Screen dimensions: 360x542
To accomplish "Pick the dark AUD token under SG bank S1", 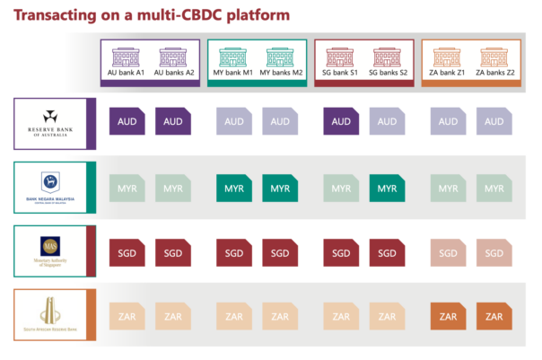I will pyautogui.click(x=340, y=122).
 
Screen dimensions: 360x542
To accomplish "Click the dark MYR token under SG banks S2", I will pyautogui.click(x=388, y=189).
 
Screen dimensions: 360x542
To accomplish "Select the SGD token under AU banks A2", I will pyautogui.click(x=172, y=253).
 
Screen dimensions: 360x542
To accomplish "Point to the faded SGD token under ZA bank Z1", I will pyautogui.click(x=448, y=253).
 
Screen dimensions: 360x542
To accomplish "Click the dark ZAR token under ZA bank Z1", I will pyautogui.click(x=448, y=318).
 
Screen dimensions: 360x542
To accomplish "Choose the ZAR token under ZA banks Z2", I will pyautogui.click(x=494, y=318).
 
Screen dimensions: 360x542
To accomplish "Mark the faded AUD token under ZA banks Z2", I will pyautogui.click(x=494, y=122).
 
